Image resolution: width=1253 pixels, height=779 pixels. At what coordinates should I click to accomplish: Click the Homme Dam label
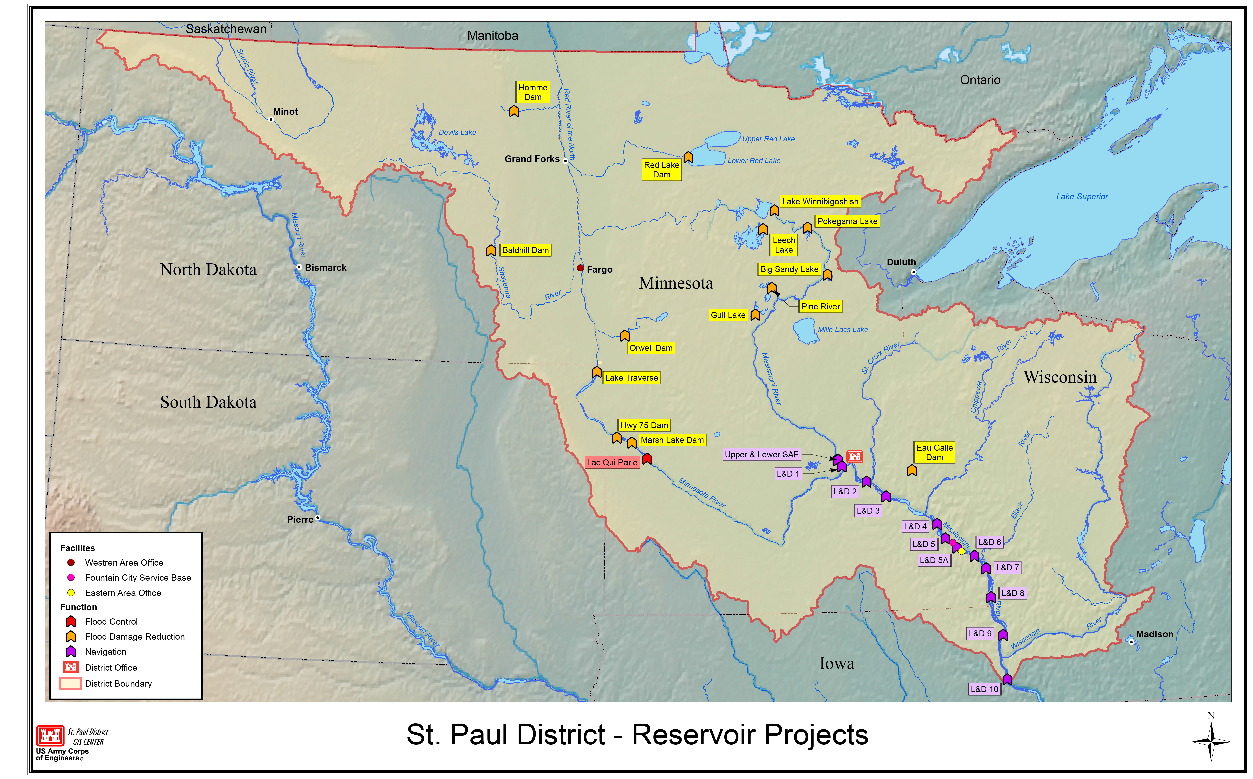coord(532,92)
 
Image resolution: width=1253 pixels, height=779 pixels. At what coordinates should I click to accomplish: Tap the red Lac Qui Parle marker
coord(647,459)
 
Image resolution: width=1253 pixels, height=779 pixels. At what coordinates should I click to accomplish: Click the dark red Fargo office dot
coord(580,268)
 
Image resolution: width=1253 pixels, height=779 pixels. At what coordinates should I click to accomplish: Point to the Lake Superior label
coord(1082,196)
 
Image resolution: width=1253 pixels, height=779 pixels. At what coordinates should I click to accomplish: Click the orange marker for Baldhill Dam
coord(491,250)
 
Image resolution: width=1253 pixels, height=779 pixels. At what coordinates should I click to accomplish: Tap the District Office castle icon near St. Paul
coord(854,457)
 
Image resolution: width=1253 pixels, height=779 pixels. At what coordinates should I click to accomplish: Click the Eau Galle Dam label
coord(934,452)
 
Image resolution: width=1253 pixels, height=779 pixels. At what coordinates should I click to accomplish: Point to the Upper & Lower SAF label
coord(761,454)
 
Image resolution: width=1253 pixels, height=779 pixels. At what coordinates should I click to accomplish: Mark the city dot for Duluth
coord(913,272)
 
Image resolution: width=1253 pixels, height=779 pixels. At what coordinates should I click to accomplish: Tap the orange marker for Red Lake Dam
coord(688,157)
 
